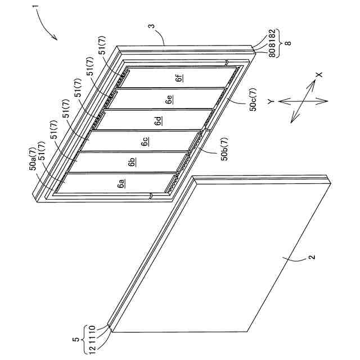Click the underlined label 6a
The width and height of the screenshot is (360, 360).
click(x=121, y=183)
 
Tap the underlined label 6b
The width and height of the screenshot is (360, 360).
click(x=132, y=162)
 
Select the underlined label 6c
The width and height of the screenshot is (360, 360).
click(x=145, y=141)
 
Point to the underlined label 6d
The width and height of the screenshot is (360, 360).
click(x=159, y=120)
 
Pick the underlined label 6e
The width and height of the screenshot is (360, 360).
click(x=169, y=99)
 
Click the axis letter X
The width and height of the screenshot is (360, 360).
click(x=319, y=75)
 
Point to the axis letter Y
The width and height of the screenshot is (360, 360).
click(x=271, y=101)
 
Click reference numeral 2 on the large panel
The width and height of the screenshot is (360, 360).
click(x=312, y=256)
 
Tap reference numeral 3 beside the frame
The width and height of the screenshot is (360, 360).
click(x=152, y=26)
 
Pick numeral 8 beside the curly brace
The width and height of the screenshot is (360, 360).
click(x=288, y=43)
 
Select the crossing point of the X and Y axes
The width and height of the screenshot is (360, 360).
click(x=303, y=101)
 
